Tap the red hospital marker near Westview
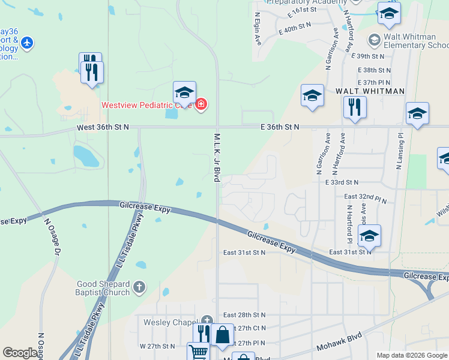[200, 105]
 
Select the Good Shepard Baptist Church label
[103, 288]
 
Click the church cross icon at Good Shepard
[139, 287]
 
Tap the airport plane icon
[26, 43]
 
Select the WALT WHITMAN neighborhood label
[370, 91]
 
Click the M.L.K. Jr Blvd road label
[217, 157]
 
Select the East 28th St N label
[244, 315]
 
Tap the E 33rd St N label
[342, 182]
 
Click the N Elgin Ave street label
[258, 29]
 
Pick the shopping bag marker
[222, 335]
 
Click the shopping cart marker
[197, 352]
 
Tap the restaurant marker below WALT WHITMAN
[355, 107]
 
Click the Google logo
[20, 353]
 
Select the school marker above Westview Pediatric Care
[184, 92]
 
